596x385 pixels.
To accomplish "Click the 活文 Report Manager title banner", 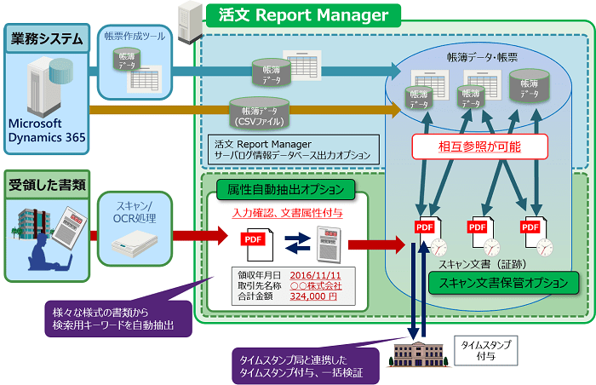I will [x=303, y=14].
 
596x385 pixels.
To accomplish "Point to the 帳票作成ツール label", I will [x=135, y=36].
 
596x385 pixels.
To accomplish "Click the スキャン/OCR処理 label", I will [x=137, y=210].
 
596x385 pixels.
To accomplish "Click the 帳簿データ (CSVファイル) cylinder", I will [x=261, y=111].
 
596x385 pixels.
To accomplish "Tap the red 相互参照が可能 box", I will [x=478, y=147].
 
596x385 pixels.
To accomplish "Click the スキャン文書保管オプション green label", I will [x=502, y=281].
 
